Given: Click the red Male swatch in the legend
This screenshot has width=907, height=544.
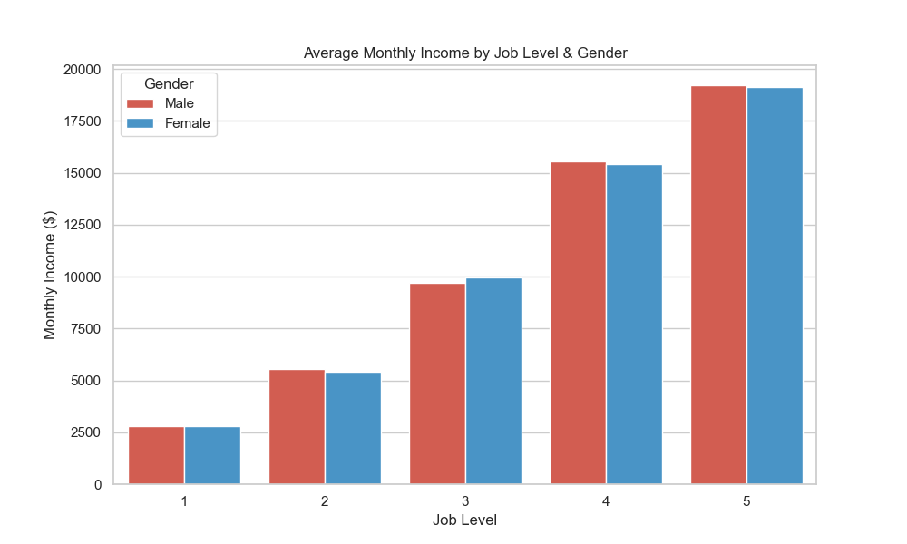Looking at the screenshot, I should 141,103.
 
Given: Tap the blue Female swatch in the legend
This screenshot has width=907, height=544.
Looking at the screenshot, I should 141,123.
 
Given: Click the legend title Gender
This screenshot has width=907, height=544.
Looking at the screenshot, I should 169,83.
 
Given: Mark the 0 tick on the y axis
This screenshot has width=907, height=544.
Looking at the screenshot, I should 98,485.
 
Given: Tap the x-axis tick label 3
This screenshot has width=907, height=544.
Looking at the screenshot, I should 465,501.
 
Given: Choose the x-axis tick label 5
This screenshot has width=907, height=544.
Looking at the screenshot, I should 746,501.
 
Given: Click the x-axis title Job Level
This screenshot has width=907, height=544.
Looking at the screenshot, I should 464,520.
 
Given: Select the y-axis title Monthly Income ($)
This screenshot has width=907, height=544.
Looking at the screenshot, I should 51,276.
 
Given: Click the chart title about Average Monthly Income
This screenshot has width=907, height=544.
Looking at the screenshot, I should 465,53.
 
